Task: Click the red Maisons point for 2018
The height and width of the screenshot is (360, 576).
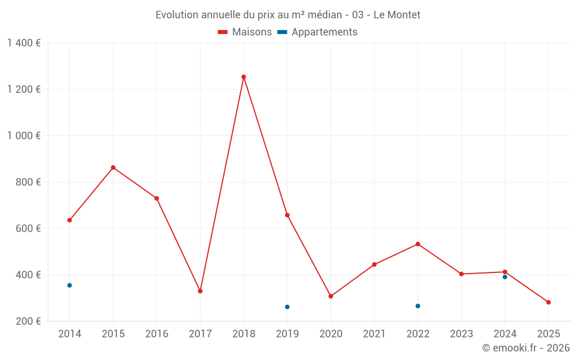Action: pos(244,77)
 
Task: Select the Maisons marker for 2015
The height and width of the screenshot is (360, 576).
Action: pos(113,168)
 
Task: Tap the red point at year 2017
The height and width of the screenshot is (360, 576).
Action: pos(200,291)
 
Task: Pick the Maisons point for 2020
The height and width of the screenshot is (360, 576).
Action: pos(331,296)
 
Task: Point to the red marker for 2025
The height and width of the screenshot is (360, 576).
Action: pos(548,302)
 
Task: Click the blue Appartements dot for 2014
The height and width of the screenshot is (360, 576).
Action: pos(70,285)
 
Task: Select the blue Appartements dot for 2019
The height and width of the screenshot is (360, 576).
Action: pos(287,307)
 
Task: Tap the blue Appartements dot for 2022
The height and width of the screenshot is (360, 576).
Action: pos(418,306)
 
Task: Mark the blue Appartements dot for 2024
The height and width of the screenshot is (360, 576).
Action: pos(505,277)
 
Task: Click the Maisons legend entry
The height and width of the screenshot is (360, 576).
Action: pos(245,32)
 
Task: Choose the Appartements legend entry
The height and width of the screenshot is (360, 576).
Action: pos(317,32)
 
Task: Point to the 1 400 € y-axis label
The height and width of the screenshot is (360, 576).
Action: pos(24,43)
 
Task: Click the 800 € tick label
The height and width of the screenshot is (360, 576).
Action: pos(28,182)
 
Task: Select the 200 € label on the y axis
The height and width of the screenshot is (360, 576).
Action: pos(28,321)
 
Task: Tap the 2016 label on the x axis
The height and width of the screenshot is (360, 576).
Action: pos(157,334)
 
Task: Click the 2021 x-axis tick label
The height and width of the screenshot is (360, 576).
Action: pos(374,334)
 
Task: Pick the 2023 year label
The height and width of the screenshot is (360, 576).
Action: pos(461,334)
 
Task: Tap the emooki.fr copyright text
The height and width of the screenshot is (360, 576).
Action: pos(526,348)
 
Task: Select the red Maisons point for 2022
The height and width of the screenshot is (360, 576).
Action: pos(418,244)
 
